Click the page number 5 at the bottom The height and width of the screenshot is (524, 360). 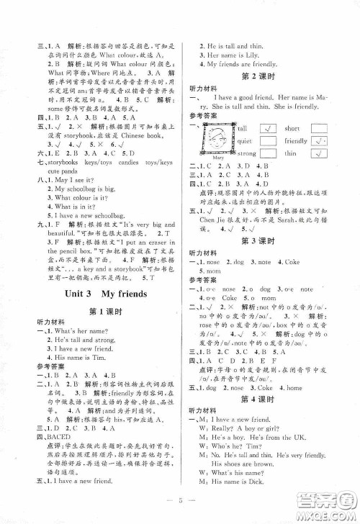pos(179,502)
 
